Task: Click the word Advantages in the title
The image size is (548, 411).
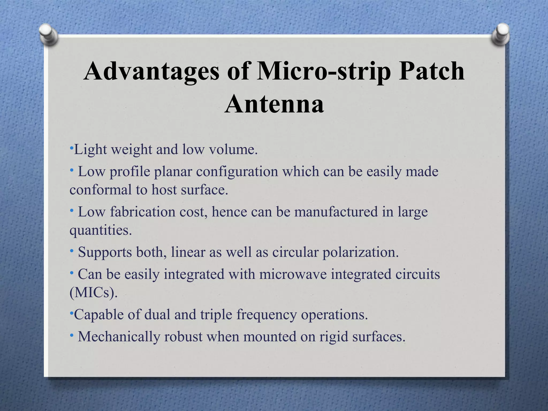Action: pos(151,71)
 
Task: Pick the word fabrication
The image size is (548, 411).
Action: pos(142,212)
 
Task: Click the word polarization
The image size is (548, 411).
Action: pos(360,253)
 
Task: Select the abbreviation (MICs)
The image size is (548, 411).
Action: pos(93,293)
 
